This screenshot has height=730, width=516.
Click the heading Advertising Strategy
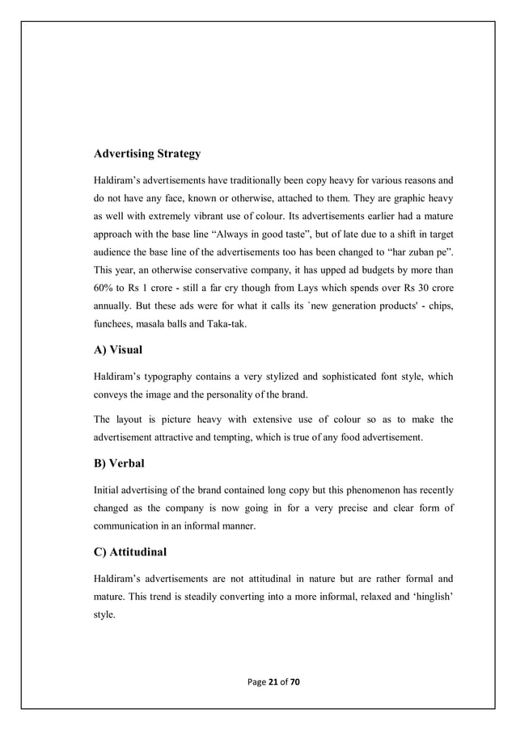click(148, 153)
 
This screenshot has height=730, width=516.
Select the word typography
click(179, 376)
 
